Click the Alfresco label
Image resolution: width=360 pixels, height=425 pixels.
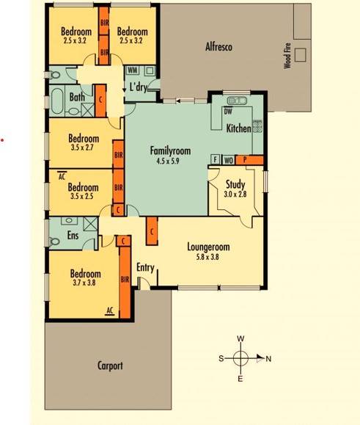(x=218, y=47)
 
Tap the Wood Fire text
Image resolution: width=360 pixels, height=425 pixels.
(x=287, y=56)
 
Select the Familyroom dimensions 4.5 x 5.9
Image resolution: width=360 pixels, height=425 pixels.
(x=168, y=161)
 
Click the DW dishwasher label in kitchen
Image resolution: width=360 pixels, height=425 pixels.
(x=228, y=110)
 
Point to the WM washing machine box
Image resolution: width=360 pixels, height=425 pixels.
(x=133, y=70)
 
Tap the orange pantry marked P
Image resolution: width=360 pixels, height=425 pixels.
(x=249, y=159)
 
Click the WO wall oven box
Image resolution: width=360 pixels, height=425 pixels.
(x=229, y=160)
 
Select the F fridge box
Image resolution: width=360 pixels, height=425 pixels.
(x=215, y=159)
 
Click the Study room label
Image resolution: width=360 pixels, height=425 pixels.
(x=235, y=184)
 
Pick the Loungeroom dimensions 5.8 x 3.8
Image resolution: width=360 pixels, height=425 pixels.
(x=207, y=257)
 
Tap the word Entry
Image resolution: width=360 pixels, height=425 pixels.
(x=145, y=268)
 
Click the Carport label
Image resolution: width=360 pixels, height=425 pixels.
(x=110, y=366)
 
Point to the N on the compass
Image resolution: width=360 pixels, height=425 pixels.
(x=268, y=359)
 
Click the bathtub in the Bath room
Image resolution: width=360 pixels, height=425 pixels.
(x=57, y=101)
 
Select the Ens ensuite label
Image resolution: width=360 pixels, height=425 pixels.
(x=73, y=235)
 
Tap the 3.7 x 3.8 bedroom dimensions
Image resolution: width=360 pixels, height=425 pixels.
(x=84, y=283)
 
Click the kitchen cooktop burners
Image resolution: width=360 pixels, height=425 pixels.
(x=257, y=126)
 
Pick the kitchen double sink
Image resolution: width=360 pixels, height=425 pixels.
(x=237, y=101)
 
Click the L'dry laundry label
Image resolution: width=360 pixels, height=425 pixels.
(x=139, y=87)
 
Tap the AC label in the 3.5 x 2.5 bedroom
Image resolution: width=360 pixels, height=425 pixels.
(x=62, y=176)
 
